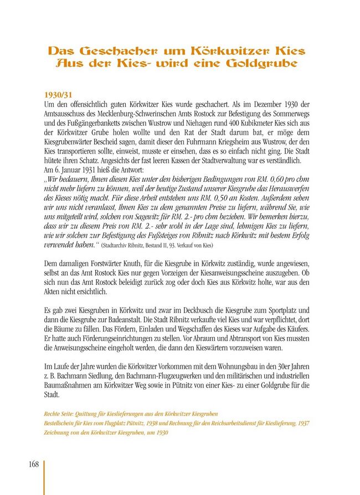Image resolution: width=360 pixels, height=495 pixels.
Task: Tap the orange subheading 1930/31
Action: pyautogui.click(x=58, y=95)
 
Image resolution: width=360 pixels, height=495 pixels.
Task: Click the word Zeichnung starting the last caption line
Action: pyautogui.click(x=57, y=432)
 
